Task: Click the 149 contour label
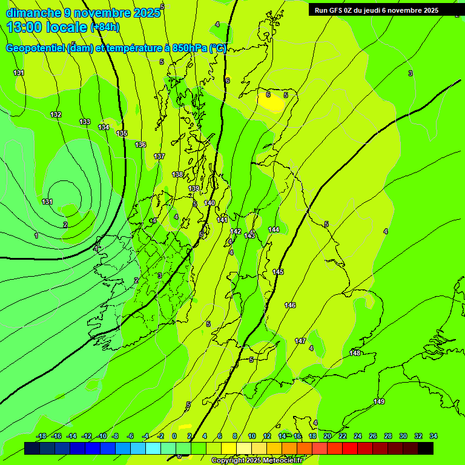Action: (379, 401)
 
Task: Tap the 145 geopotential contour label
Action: (278, 272)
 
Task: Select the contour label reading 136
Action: (140, 145)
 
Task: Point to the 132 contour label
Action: (56, 114)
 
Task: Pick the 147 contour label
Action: (300, 341)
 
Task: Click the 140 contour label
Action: (209, 203)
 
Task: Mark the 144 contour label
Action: (274, 229)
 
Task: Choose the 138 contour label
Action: (177, 174)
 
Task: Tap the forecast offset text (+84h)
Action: (105, 27)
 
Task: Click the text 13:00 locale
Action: (47, 27)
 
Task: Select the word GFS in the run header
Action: (338, 10)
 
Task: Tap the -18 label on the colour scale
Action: (41, 436)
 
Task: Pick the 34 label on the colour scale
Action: (434, 436)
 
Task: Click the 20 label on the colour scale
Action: (327, 436)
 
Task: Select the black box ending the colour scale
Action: (426, 448)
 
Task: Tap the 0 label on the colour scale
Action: (174, 436)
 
